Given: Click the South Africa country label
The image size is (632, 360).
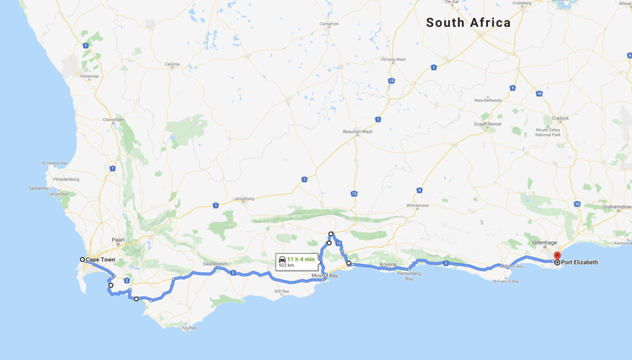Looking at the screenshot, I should coord(468,23).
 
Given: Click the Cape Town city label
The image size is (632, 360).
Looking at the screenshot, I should coord(100,260).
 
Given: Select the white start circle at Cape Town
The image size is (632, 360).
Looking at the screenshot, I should coord(83,260).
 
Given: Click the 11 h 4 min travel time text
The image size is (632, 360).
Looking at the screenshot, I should coord(300,258).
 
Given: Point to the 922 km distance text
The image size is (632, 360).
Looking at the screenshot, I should coord(287,266).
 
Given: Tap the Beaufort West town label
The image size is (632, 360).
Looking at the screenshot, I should coord(357,132).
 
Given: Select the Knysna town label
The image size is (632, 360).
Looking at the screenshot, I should coord(388,265).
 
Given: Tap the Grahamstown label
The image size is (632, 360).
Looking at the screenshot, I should coord(617,207).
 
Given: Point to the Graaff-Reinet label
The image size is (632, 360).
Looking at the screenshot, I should coord(487,124).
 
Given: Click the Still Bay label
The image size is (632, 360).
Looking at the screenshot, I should coord(281,292).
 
